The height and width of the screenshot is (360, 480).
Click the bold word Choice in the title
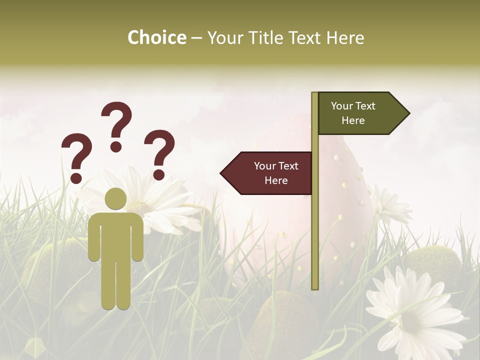click(x=156, y=37)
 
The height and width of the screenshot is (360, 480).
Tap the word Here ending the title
click(x=345, y=37)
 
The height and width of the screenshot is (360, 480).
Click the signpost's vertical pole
click(x=315, y=225)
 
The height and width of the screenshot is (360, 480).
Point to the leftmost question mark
click(x=76, y=156)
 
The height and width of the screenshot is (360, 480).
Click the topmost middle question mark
click(x=116, y=125)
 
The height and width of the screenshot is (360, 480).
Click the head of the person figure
click(x=116, y=199)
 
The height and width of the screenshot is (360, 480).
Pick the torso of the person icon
click(x=116, y=235)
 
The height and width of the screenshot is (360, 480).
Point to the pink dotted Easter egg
click(x=345, y=200)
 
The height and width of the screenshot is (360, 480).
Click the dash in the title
click(x=196, y=38)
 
